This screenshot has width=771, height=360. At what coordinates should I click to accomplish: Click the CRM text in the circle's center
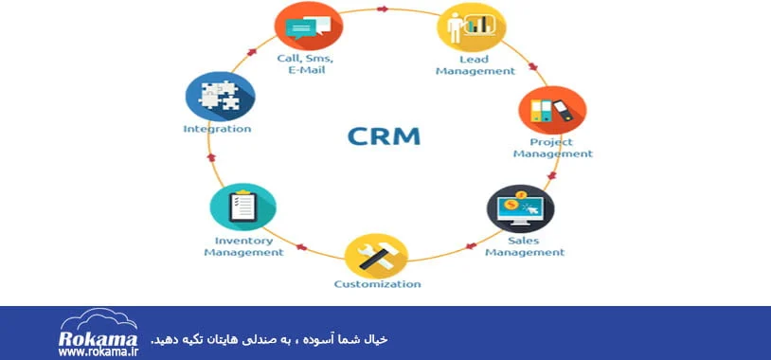click(x=384, y=136)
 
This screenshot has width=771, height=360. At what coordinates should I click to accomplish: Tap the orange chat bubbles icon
click(x=309, y=26)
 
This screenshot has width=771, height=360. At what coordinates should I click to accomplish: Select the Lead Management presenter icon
click(x=472, y=27)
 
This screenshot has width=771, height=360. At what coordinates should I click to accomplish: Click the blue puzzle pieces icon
click(x=221, y=96)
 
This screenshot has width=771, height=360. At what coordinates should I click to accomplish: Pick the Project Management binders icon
click(x=553, y=110)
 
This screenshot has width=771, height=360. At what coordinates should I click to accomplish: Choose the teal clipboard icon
click(x=242, y=207)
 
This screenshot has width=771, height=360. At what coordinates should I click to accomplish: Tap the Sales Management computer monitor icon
click(x=521, y=208)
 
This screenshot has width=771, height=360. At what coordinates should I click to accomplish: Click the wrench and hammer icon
click(x=377, y=256)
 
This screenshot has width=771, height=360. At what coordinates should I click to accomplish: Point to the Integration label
click(x=217, y=129)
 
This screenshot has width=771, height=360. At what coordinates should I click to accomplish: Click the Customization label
click(x=377, y=284)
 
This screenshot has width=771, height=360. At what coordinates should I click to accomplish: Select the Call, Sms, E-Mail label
click(x=305, y=63)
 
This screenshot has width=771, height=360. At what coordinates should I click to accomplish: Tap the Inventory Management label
click(x=243, y=247)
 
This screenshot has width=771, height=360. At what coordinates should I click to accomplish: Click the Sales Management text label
click(x=525, y=247)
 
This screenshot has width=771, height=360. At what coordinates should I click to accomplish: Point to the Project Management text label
click(x=553, y=148)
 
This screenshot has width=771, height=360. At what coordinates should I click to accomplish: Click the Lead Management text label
click(x=475, y=65)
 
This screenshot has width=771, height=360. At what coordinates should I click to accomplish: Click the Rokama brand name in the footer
click(x=98, y=339)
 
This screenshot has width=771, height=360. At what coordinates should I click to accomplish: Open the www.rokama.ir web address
click(x=99, y=352)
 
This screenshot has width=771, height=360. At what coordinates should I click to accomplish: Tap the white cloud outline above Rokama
click(x=99, y=319)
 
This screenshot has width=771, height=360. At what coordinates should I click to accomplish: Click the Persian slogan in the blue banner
click(x=269, y=339)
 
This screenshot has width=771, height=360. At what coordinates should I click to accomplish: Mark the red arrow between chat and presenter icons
click(x=383, y=9)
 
